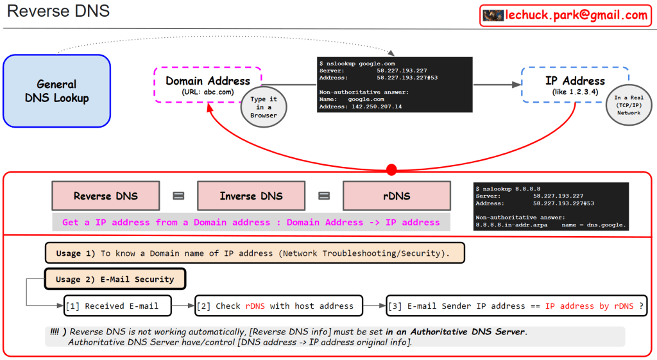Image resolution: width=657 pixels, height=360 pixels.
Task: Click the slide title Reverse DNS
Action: [58, 12]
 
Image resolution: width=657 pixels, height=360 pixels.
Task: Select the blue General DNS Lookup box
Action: [57, 90]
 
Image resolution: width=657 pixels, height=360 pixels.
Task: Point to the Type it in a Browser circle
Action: [264, 107]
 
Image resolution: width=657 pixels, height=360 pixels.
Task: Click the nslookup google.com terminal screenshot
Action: [395, 85]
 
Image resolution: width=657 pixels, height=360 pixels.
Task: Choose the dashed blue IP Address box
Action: [574, 85]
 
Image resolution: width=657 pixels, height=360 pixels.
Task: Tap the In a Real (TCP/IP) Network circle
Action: [628, 105]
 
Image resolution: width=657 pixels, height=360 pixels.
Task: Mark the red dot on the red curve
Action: [391, 169]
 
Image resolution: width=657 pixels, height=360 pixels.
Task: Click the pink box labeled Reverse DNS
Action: [105, 196]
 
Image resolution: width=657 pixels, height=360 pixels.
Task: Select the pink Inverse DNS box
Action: [251, 196]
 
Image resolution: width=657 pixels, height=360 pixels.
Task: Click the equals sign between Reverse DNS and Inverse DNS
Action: [178, 196]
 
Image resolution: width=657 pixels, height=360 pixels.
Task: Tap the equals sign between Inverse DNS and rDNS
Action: [324, 196]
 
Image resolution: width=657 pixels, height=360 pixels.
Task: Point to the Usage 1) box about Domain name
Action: [255, 253]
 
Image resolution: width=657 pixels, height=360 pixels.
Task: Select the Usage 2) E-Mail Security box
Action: [115, 279]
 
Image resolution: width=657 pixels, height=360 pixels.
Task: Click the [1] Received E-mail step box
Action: [118, 306]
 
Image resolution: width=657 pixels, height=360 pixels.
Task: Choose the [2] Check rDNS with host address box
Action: [279, 306]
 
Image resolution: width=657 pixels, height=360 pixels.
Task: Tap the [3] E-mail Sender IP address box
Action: [516, 306]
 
